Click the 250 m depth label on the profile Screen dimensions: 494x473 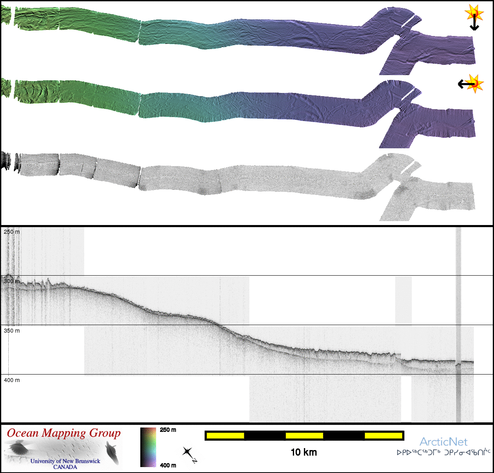pyautogui.click(x=12, y=232)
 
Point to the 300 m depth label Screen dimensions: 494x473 pyautogui.click(x=12, y=281)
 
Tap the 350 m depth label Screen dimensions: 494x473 pyautogui.click(x=12, y=331)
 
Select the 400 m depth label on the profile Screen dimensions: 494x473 pyautogui.click(x=12, y=380)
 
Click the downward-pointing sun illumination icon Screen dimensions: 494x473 pyautogui.click(x=474, y=17)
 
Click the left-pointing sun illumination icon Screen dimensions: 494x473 pyautogui.click(x=471, y=84)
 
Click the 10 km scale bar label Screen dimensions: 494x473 pyautogui.click(x=304, y=452)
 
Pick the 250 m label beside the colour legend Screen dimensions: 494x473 pyautogui.click(x=168, y=430)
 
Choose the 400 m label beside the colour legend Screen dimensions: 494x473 pyautogui.click(x=168, y=465)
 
